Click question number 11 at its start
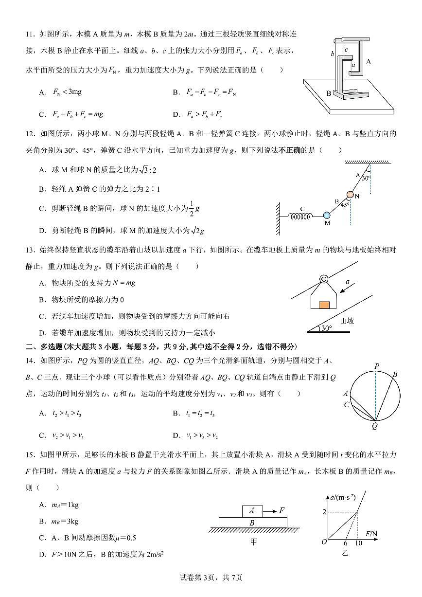tap(30, 34)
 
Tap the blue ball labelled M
tap(327, 215)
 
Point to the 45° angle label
tap(345, 205)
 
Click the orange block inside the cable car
tap(324, 305)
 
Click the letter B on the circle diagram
tap(395, 374)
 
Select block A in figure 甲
tap(252, 511)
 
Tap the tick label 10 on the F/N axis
tap(358, 543)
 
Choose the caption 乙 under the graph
tap(346, 552)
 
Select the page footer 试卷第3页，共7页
tap(211, 578)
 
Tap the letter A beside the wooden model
tap(369, 62)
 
